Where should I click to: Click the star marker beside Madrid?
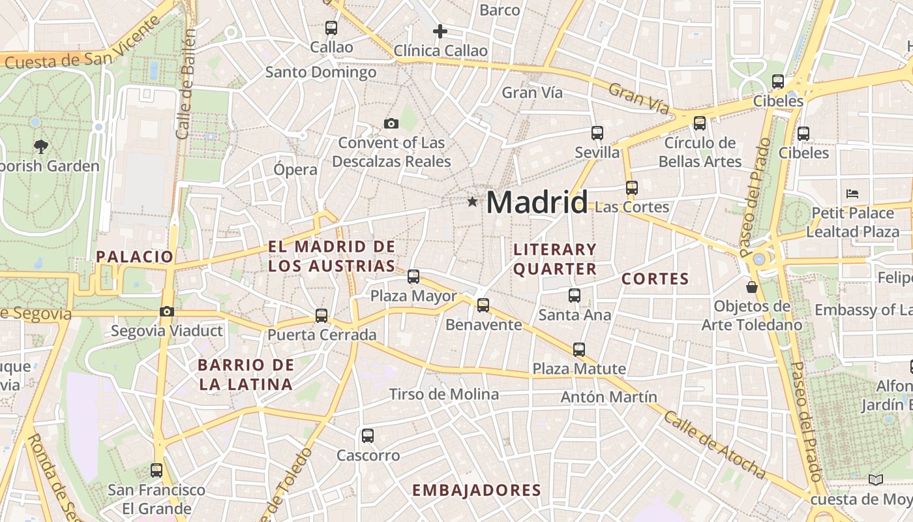(x=472, y=202)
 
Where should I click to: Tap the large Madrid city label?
(x=537, y=202)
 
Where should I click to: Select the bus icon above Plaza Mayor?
(x=413, y=276)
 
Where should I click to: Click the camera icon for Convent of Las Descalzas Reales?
(x=391, y=123)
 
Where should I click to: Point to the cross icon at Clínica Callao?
(x=440, y=31)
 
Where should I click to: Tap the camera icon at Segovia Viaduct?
(x=167, y=311)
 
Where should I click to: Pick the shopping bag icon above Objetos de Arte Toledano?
(x=752, y=286)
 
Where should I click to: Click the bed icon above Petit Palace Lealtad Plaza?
(x=852, y=193)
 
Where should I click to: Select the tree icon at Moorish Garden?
(x=42, y=146)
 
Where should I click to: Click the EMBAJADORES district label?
(x=477, y=491)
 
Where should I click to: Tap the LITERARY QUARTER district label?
(x=555, y=259)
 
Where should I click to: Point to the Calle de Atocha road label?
(x=714, y=444)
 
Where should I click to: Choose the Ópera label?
(x=295, y=170)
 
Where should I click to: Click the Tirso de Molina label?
(x=444, y=394)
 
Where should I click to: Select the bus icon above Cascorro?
(x=368, y=435)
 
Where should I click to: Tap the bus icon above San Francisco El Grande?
(x=157, y=470)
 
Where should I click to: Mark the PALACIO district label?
(x=135, y=256)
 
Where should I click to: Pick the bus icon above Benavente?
(x=483, y=305)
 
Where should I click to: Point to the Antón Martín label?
(x=609, y=397)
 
